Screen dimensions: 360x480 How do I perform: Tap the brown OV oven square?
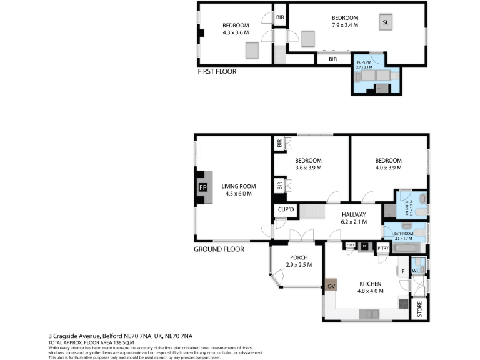331,286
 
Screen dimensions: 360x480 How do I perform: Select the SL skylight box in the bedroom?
386,23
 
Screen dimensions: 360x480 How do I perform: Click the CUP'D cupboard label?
286,209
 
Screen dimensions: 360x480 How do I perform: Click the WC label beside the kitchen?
416,271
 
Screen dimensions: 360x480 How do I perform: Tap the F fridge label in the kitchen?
403,271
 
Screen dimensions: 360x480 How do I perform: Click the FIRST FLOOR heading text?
217,71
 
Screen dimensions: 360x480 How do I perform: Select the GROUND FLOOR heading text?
219,249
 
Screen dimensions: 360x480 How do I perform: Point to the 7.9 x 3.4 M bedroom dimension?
345,26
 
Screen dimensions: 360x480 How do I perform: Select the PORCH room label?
298,257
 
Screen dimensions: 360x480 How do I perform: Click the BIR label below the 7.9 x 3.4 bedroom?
333,59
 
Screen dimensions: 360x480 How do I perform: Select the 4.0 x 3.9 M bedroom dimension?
388,168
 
